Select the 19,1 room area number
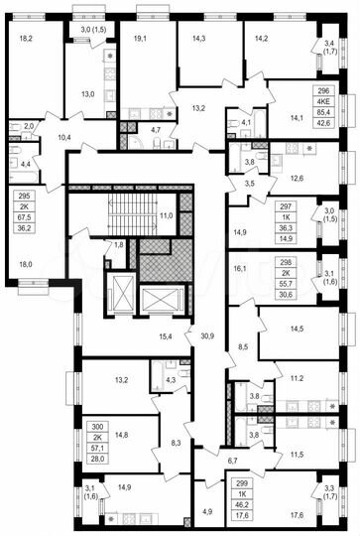(x=139, y=39)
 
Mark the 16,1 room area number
(x=239, y=268)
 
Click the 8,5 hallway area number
(x=243, y=347)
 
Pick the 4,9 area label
(x=208, y=511)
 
